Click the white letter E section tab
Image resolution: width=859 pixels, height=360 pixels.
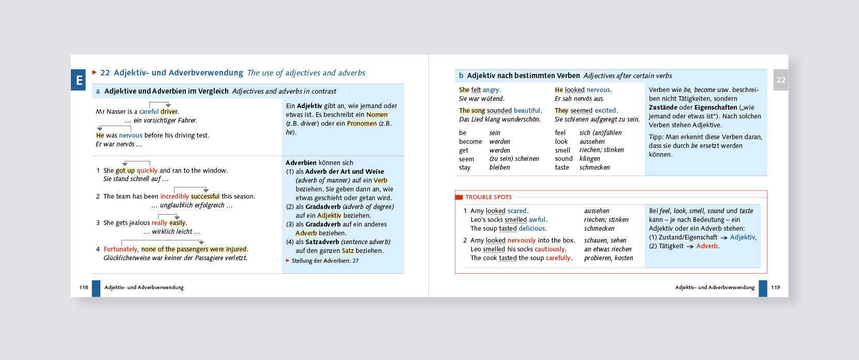[x=79, y=80]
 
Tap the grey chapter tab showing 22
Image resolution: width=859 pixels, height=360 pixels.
[x=780, y=80]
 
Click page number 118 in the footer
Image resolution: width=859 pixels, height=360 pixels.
[x=84, y=288]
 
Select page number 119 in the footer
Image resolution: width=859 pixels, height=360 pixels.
[x=775, y=288]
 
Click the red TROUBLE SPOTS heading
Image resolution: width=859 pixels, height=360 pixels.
[x=488, y=197]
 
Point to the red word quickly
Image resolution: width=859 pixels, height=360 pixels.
[x=147, y=171]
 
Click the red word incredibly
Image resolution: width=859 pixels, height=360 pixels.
[x=174, y=197]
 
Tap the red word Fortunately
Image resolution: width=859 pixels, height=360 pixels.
[x=121, y=249]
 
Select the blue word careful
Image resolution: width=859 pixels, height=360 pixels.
[x=149, y=112]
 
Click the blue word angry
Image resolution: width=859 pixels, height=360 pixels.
[x=491, y=90]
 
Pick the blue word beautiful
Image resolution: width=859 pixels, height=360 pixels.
[x=528, y=111]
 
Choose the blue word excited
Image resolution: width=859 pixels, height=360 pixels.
[x=605, y=111]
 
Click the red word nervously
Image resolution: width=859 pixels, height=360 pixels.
[x=522, y=241]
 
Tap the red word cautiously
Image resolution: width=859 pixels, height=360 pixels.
[x=550, y=249]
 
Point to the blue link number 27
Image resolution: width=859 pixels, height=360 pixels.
[x=356, y=261]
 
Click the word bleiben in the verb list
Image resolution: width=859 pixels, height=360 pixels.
[x=499, y=168]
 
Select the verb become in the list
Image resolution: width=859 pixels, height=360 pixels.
[x=470, y=142]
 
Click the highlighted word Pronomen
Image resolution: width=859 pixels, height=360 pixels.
[x=362, y=124]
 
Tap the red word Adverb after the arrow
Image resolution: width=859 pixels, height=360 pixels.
[x=707, y=246]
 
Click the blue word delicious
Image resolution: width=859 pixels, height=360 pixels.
[x=532, y=229]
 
